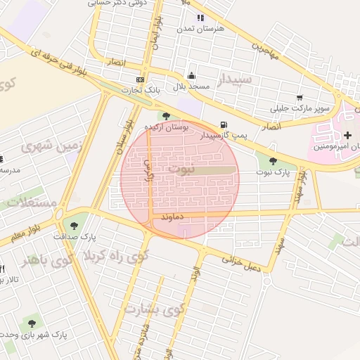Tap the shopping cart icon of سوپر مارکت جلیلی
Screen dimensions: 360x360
tap(300, 98)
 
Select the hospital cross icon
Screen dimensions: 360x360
tap(348, 134)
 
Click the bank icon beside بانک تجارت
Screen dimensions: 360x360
tap(140, 79)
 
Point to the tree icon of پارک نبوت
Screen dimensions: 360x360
tap(273, 162)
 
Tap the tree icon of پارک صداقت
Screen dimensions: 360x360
tap(75, 226)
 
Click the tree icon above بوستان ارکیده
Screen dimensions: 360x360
tap(167, 116)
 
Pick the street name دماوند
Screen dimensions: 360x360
tap(172, 219)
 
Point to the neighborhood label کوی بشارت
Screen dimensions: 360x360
tap(153, 309)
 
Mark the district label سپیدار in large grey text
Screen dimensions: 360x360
tap(236, 79)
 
